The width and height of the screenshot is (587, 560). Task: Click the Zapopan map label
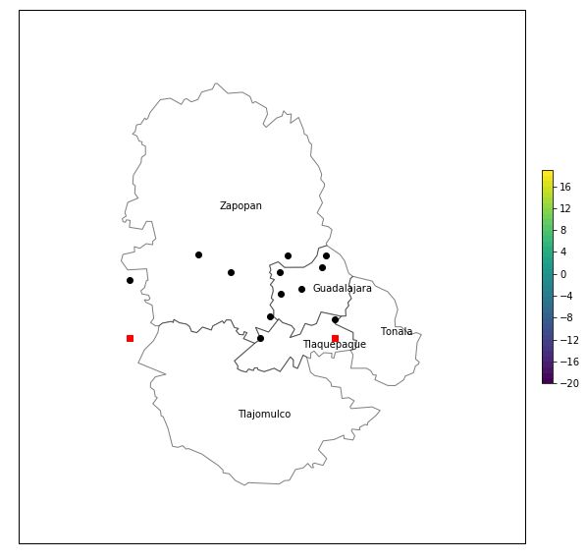(240, 206)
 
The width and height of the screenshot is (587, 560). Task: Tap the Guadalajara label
(342, 289)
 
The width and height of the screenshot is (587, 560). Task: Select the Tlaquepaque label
(334, 345)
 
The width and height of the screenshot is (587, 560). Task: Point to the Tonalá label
(397, 332)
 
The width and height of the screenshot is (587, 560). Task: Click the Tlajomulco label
(264, 415)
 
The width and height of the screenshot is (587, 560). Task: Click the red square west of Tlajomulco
(130, 338)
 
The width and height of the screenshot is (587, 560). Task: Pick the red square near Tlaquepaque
(335, 338)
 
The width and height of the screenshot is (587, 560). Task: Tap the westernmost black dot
(130, 280)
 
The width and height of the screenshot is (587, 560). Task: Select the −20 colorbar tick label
(567, 383)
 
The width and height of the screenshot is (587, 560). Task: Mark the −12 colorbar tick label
(567, 340)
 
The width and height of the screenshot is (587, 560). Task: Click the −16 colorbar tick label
(567, 362)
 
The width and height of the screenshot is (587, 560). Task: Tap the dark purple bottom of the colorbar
(547, 380)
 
